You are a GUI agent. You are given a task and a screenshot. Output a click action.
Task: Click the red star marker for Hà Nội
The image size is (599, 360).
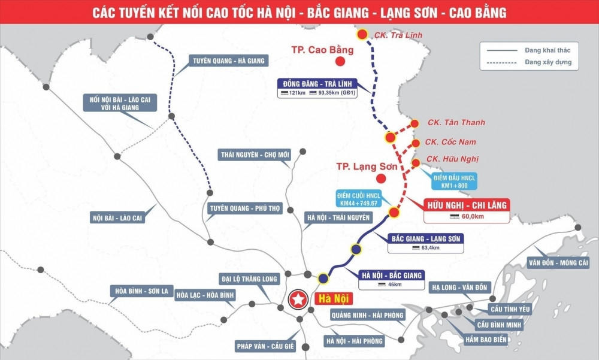(x=297, y=299)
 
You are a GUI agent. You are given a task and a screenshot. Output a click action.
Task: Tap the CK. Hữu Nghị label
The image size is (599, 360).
(x=452, y=159)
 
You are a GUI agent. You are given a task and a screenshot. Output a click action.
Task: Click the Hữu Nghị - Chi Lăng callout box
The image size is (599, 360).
(x=467, y=210)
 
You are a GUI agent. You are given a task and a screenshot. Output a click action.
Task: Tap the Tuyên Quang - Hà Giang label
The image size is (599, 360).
(x=228, y=60)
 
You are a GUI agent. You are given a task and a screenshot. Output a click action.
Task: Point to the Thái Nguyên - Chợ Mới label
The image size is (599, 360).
(x=255, y=155)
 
